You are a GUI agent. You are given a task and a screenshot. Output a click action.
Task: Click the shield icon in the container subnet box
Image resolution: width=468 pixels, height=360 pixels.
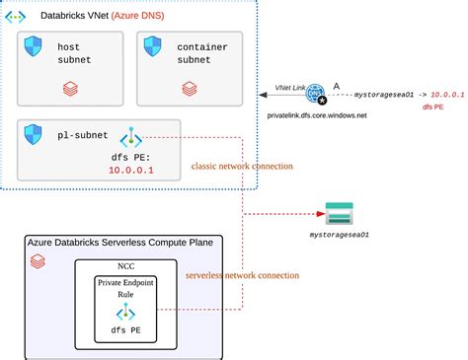tap(153, 47)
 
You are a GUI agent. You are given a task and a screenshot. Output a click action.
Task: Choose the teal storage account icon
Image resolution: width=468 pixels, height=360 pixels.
tap(340, 213)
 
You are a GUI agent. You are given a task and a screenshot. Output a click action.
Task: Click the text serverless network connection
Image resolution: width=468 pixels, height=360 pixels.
tap(241, 274)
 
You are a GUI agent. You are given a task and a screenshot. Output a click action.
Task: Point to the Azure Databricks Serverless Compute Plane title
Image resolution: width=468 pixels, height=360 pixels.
tap(123, 242)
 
